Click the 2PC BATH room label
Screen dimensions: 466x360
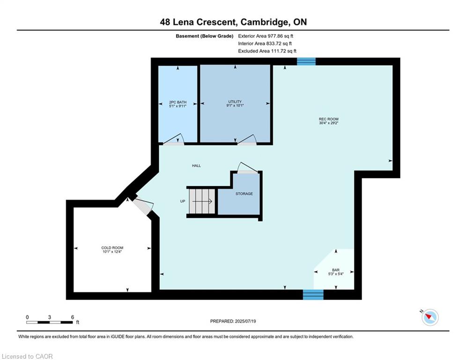click(x=178, y=102)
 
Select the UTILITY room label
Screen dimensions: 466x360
click(x=235, y=101)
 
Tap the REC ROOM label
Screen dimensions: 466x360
click(x=329, y=119)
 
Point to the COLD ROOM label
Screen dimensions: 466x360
click(x=112, y=247)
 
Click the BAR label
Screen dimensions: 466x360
click(x=336, y=270)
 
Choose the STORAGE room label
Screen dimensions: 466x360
click(x=244, y=194)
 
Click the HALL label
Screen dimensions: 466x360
click(x=196, y=166)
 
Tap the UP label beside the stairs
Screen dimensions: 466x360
click(x=183, y=201)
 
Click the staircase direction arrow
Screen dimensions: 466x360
click(x=202, y=202)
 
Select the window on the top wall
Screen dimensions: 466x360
click(x=306, y=61)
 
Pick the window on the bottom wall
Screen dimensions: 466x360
click(x=313, y=294)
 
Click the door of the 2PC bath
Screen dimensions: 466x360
click(x=174, y=140)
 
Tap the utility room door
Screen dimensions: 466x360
click(x=247, y=140)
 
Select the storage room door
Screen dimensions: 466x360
click(x=248, y=168)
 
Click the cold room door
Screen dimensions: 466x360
click(x=143, y=206)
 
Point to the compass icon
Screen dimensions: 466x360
click(x=430, y=317)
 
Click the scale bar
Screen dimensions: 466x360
click(x=49, y=322)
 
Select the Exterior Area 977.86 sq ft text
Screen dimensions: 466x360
click(x=266, y=36)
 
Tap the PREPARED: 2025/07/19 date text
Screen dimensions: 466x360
click(x=233, y=321)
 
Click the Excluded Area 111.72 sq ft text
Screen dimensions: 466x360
click(x=267, y=51)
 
